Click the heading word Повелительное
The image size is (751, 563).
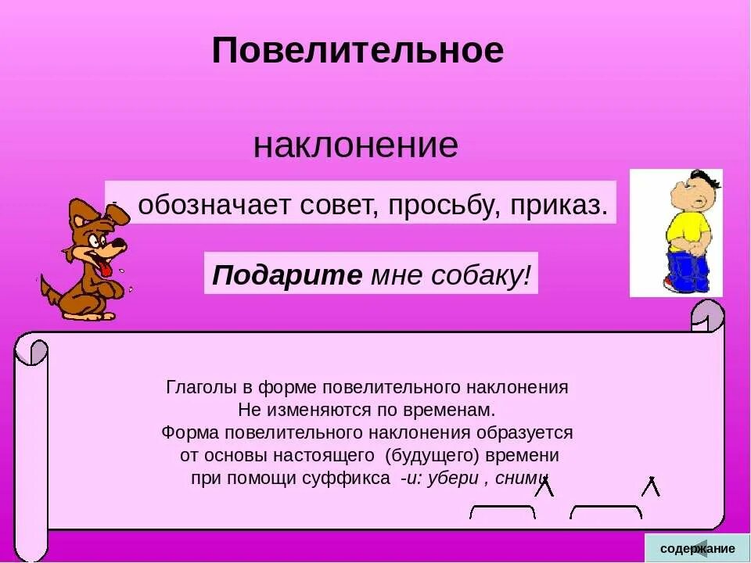tap(358, 51)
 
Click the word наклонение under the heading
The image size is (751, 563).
tap(355, 145)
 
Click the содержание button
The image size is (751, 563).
tap(697, 548)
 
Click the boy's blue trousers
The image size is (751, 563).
tap(688, 270)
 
